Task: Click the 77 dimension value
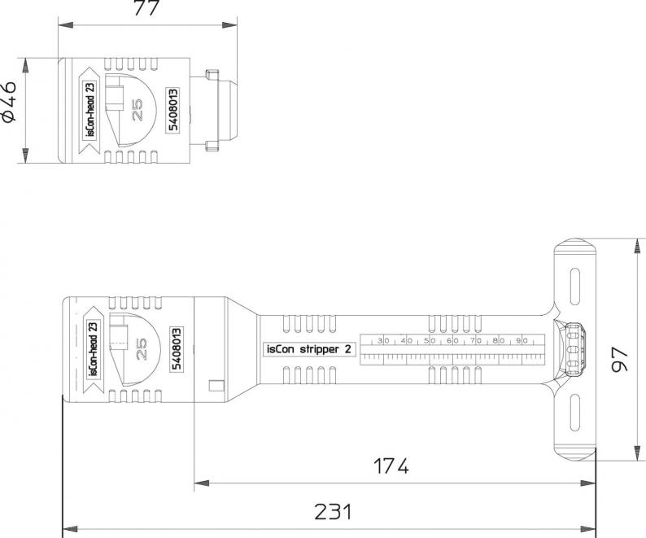(146, 7)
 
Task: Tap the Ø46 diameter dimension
(9, 102)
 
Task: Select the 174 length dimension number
(391, 466)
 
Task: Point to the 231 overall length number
(333, 512)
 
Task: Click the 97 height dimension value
(620, 360)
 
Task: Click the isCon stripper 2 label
(309, 349)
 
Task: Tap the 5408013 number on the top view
(174, 110)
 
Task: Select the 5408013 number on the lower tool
(177, 349)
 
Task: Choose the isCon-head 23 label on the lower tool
(94, 349)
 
